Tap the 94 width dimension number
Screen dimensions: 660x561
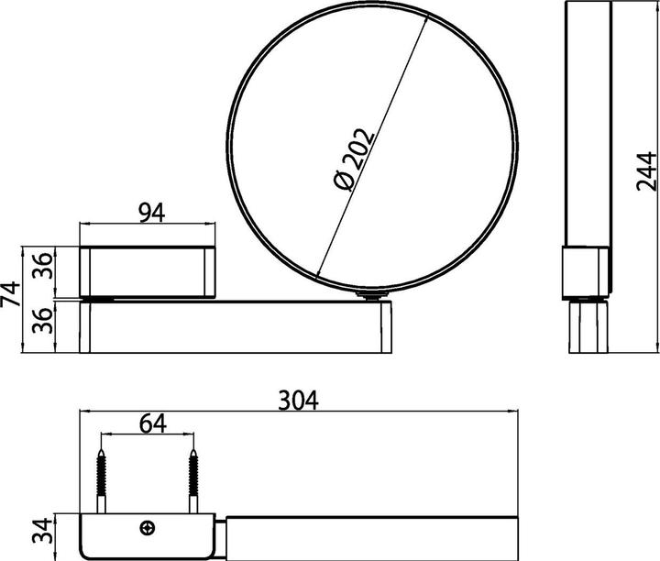[x=152, y=213]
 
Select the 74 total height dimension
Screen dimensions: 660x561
[x=10, y=293]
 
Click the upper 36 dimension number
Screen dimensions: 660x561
[x=43, y=266]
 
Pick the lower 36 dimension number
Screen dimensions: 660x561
[x=43, y=320]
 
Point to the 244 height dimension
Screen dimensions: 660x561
[x=646, y=171]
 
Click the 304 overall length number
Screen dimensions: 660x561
[x=299, y=400]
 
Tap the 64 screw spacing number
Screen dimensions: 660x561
[x=153, y=423]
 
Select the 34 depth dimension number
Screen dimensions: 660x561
[x=43, y=531]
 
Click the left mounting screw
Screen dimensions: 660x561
[x=101, y=481]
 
